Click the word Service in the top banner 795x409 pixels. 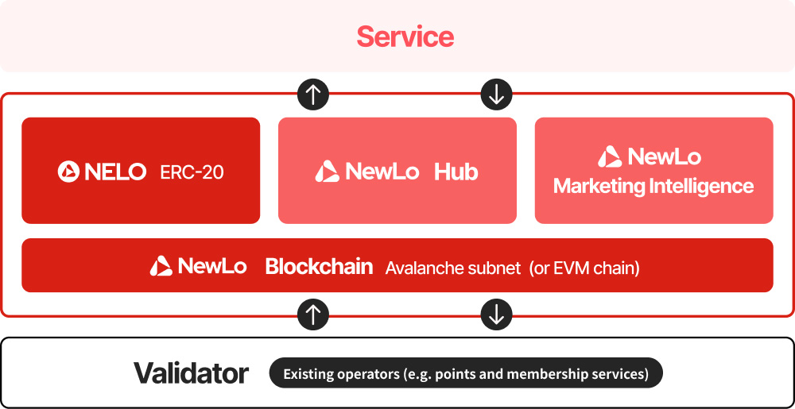(405, 37)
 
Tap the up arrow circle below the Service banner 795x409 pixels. (312, 95)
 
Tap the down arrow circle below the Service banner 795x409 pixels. (496, 95)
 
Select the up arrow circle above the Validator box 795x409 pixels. (312, 314)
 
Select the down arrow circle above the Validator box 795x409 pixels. (496, 314)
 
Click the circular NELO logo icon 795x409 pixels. (68, 172)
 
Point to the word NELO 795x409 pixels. (115, 172)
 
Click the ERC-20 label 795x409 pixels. (192, 172)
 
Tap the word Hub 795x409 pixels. (456, 172)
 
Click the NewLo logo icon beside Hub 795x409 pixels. (327, 171)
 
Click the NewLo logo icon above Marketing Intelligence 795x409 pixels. (610, 156)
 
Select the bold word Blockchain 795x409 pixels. (319, 266)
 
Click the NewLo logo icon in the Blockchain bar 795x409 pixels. (161, 266)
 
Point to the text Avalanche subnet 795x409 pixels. (453, 268)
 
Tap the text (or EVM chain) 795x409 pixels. (584, 268)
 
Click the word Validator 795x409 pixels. (191, 373)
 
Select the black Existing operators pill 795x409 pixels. (466, 373)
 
